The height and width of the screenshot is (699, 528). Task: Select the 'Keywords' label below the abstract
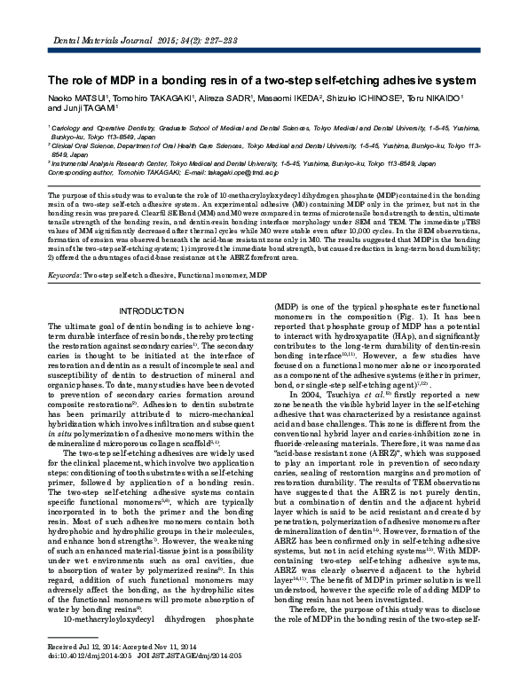tap(65, 276)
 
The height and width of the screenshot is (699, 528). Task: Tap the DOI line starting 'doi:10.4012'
tap(80, 681)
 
